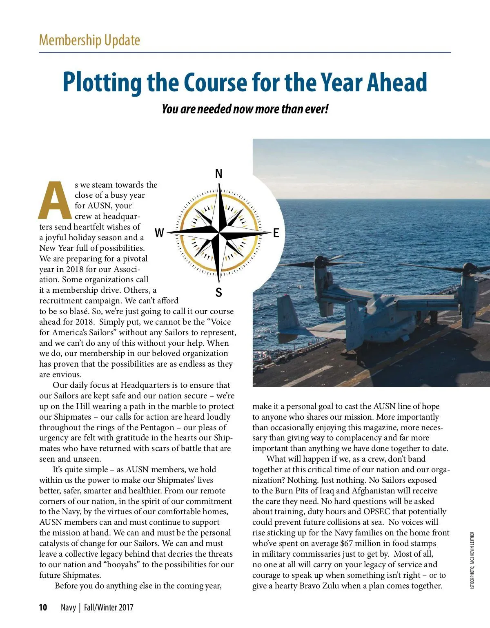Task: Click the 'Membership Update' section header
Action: point(89,40)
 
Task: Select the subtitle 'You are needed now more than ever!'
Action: point(245,109)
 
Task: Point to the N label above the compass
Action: point(219,174)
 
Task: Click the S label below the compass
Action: point(219,292)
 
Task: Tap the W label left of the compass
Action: point(159,233)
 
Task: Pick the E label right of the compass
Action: point(276,233)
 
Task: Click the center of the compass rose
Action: point(219,233)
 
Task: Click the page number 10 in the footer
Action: point(43,608)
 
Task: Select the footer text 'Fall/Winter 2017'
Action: point(109,608)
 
